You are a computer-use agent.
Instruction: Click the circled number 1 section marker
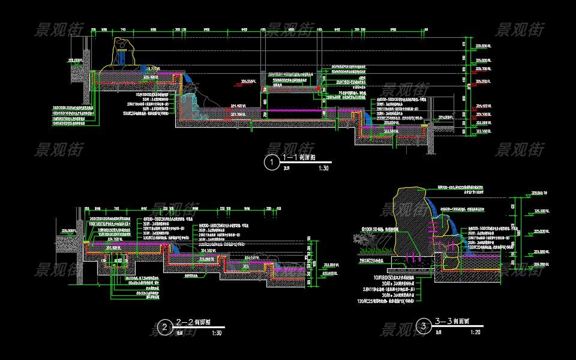[x=272, y=161]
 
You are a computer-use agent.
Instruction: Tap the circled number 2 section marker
[x=164, y=327]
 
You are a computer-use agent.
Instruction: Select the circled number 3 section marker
[x=424, y=326]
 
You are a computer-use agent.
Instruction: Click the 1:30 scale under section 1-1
[x=324, y=169]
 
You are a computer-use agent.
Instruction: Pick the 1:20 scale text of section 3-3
[x=476, y=332]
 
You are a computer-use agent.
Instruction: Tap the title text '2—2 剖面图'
[x=193, y=322]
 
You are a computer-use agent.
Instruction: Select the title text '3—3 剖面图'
[x=452, y=321]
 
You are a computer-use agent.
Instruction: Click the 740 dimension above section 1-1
[x=123, y=29]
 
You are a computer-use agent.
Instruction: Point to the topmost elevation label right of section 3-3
[x=535, y=193]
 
